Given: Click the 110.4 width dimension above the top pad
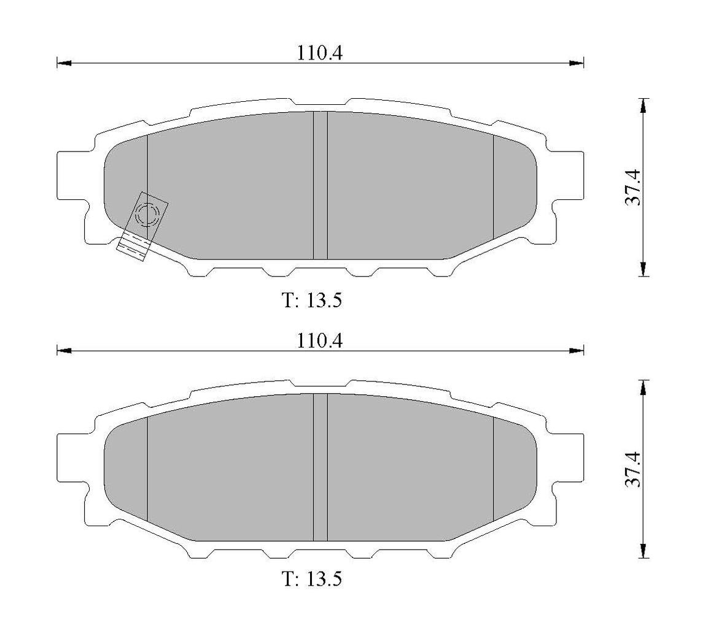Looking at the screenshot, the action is pyautogui.click(x=320, y=53).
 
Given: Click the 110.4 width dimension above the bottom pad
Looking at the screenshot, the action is pyautogui.click(x=320, y=341).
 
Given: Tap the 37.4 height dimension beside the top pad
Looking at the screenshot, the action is pyautogui.click(x=632, y=187).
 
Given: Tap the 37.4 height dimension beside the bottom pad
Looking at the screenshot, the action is pyautogui.click(x=632, y=469).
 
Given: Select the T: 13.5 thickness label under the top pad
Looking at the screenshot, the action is pyautogui.click(x=312, y=301).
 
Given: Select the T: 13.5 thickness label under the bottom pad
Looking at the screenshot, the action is pyautogui.click(x=312, y=579).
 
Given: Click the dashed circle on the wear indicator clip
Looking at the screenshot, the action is pyautogui.click(x=147, y=215).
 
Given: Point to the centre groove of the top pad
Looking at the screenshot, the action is pyautogui.click(x=320, y=185).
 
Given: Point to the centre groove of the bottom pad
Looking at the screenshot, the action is pyautogui.click(x=320, y=467).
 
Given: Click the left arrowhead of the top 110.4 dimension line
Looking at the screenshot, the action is pyautogui.click(x=64, y=63).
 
